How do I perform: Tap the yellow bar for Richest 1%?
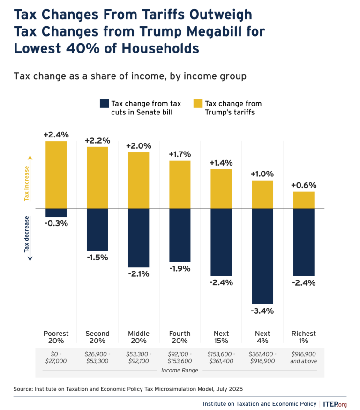pyautogui.click(x=303, y=200)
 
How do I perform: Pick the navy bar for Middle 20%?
pyautogui.click(x=138, y=238)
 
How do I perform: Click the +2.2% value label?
pyautogui.click(x=97, y=140)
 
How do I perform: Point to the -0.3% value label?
pyautogui.click(x=56, y=223)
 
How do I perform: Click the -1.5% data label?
pyautogui.click(x=97, y=257)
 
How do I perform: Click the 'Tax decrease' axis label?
pyautogui.click(x=27, y=234)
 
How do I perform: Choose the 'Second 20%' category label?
pyautogui.click(x=97, y=337)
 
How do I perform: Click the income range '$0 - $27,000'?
pyautogui.click(x=56, y=357)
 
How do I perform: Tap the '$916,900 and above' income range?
pyautogui.click(x=303, y=357)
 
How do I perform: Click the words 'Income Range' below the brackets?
pyautogui.click(x=180, y=370)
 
